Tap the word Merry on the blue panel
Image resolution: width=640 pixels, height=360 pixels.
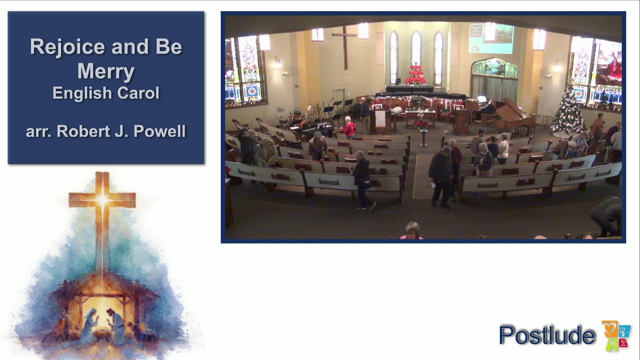point(105,71)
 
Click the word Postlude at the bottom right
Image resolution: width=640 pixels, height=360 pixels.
point(547,334)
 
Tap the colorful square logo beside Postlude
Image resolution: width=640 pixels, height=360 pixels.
point(616,335)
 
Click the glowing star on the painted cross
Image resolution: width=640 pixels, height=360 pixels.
point(102,200)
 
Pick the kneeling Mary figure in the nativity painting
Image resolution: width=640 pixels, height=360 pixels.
point(90,325)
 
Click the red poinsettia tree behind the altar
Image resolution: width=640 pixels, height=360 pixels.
point(415,75)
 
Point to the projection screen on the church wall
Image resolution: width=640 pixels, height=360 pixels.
point(490,38)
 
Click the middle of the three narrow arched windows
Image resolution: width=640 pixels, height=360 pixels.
point(416,50)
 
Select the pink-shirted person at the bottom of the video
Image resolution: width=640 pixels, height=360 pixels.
point(411,231)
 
